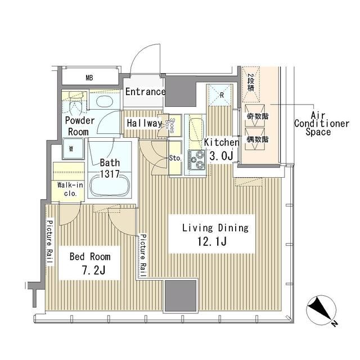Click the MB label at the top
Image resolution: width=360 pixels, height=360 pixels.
tap(89, 78)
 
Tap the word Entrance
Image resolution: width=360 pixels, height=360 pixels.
tap(145, 92)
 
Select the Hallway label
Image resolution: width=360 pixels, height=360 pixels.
tap(144, 123)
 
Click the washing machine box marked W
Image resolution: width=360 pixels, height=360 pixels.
tap(71, 149)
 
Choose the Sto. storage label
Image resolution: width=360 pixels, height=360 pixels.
tap(175, 158)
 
